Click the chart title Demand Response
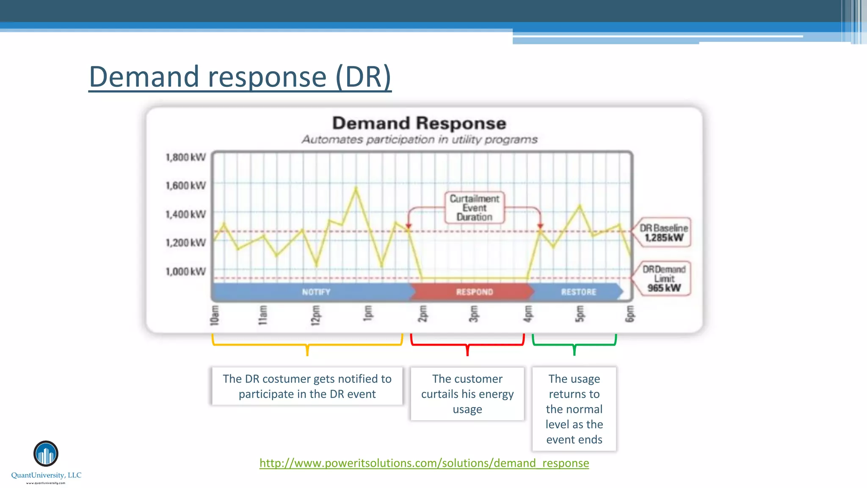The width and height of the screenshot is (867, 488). pos(419,123)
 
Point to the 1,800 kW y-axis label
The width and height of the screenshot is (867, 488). pos(185,158)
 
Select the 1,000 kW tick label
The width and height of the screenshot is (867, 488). pos(185,272)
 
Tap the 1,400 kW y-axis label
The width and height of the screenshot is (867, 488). pos(185,214)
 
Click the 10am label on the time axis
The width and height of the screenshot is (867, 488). pos(215,315)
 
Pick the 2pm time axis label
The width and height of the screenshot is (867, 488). pos(422,313)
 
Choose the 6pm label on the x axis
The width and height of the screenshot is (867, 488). pos(630,314)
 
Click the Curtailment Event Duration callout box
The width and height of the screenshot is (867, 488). pos(474,208)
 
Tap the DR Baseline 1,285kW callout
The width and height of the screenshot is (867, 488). pos(663,233)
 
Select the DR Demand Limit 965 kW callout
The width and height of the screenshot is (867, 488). pos(664,278)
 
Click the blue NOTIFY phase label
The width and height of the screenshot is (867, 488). pos(316,292)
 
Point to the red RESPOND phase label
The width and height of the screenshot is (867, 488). pos(474,292)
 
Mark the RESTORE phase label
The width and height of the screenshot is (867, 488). pos(578,292)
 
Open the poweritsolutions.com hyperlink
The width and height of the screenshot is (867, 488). pos(424,463)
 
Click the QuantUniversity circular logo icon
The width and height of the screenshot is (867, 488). pos(46,453)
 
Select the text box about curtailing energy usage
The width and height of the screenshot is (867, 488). pos(467,394)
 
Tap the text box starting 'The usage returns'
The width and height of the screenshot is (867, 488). pos(574,409)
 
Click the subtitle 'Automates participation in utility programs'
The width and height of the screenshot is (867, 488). pos(419,139)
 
